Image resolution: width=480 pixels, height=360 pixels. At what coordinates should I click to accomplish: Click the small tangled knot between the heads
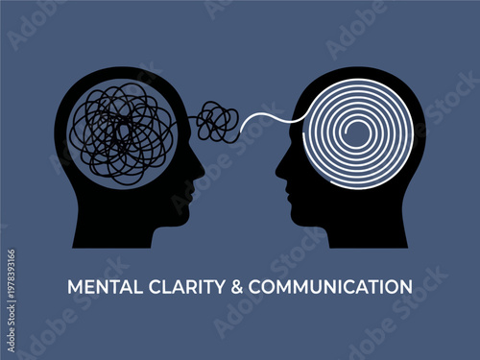pos(218,122)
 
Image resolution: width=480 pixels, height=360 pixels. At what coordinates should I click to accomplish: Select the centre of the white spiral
pos(354,134)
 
